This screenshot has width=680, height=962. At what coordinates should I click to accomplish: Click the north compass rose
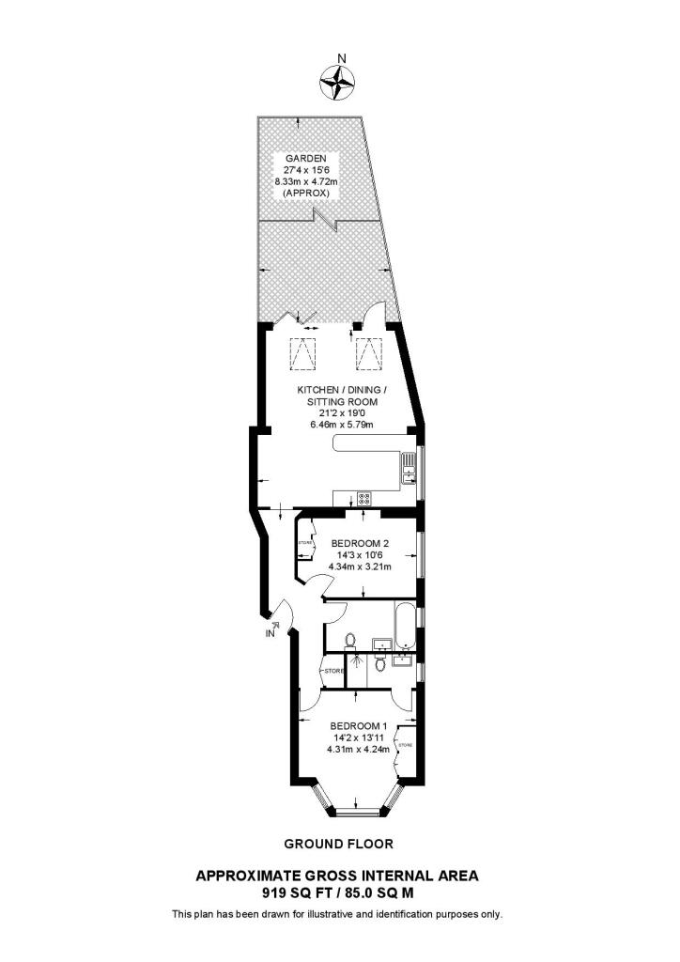340,82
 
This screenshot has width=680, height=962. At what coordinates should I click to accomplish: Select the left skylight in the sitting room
301,354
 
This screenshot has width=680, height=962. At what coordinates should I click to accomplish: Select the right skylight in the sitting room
370,354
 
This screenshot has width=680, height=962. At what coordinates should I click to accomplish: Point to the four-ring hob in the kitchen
363,499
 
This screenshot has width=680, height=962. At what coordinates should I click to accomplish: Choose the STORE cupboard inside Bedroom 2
304,545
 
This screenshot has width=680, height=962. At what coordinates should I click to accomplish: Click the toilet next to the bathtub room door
351,641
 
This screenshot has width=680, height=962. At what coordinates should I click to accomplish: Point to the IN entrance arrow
274,627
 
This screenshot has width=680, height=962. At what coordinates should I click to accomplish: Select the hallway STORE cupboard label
332,672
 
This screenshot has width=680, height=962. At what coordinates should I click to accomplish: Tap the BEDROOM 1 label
358,725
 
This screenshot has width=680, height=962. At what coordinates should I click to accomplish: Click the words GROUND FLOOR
339,844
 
